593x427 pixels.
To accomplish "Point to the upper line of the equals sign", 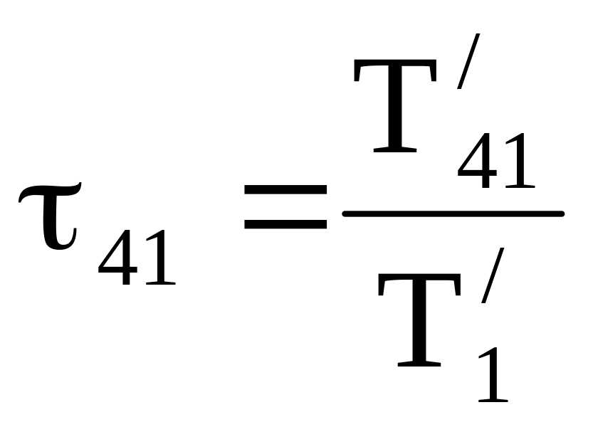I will click(x=285, y=191).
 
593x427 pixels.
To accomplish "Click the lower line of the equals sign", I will click(x=285, y=223).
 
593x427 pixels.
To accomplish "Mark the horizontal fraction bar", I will click(x=453, y=213).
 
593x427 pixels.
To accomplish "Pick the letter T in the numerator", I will click(x=394, y=107).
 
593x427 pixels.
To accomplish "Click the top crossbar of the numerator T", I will click(x=394, y=66).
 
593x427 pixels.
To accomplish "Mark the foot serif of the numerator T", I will click(x=394, y=150).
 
